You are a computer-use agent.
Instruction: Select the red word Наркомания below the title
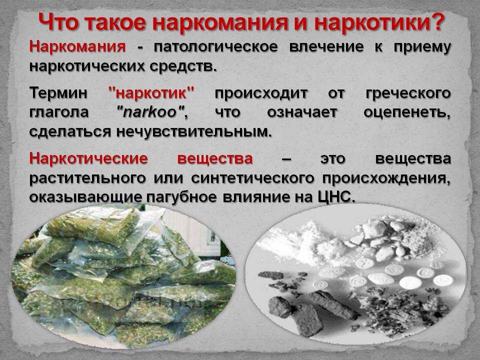point(77,47)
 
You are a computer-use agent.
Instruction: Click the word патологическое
point(216,47)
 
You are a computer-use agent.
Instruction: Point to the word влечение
point(326,47)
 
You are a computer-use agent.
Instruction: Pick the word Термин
point(58,93)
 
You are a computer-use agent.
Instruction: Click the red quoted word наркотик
point(151,93)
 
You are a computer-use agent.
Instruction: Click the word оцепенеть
point(407,112)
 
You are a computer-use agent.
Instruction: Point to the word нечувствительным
point(194,131)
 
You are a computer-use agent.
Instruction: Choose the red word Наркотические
point(88,158)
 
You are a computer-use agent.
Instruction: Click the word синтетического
point(252,178)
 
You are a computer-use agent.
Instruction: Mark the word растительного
point(87,178)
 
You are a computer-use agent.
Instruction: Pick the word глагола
point(59,112)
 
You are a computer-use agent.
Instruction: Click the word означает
point(302,112)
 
